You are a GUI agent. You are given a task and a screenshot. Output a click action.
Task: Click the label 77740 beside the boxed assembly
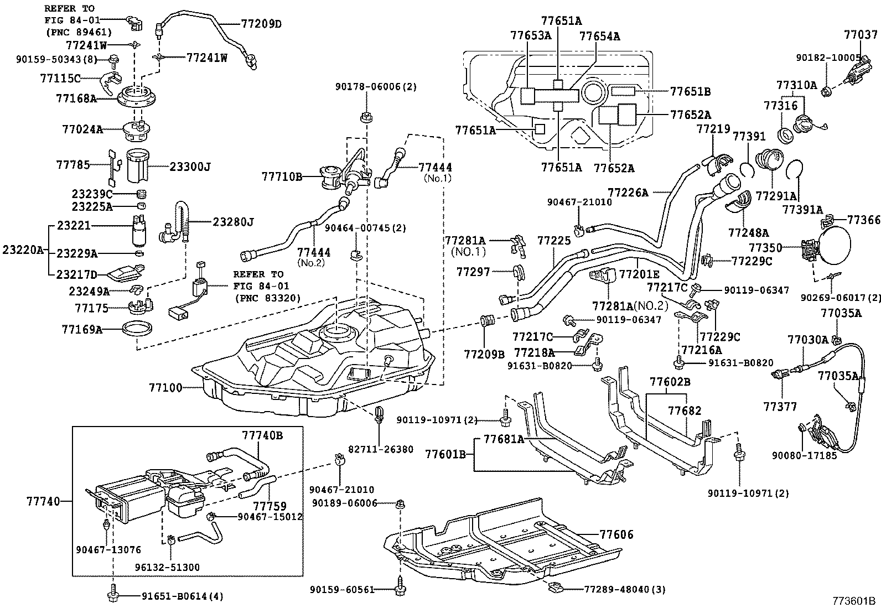[43, 501]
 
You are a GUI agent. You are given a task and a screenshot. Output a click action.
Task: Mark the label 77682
[685, 410]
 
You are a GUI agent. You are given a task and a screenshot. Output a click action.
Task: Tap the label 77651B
[690, 91]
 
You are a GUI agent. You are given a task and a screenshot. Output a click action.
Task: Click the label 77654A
[599, 37]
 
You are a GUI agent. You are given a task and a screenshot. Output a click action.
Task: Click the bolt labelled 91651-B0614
[113, 596]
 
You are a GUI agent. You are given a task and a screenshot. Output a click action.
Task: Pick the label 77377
[780, 407]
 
